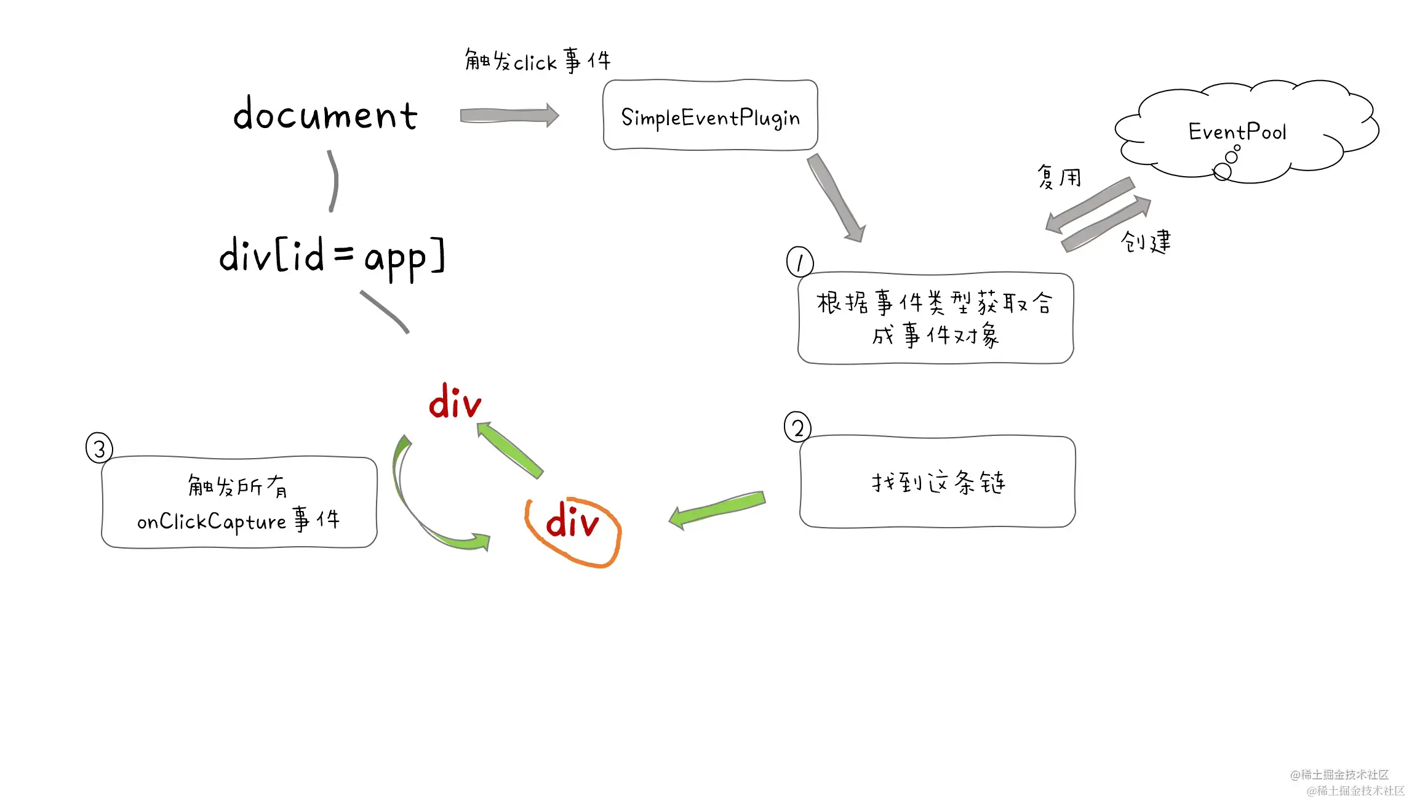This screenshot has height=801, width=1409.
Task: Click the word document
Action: [x=325, y=115]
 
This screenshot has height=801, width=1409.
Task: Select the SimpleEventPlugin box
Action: [x=710, y=115]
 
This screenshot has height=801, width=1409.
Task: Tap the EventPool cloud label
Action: [x=1237, y=132]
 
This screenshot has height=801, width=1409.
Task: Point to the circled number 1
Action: [x=799, y=262]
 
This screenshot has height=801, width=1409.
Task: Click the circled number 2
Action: [x=797, y=427]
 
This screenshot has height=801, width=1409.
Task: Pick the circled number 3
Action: [x=99, y=448]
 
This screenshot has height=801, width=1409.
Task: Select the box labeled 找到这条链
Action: [x=937, y=482]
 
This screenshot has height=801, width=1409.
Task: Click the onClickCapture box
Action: [x=239, y=502]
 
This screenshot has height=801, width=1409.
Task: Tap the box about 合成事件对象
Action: [x=935, y=318]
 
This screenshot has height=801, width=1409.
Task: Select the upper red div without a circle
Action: [x=455, y=403]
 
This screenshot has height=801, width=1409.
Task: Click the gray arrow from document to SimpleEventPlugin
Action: [x=509, y=115]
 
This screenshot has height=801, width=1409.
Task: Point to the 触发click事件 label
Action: [x=537, y=61]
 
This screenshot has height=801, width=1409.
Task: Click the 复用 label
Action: [x=1058, y=177]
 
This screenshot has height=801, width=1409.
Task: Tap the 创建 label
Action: [x=1146, y=241]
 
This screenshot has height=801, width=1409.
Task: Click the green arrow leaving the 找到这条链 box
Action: [x=717, y=509]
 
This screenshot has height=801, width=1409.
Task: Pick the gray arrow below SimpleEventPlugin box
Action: [x=836, y=196]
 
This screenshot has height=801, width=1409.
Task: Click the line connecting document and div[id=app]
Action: [x=333, y=181]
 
